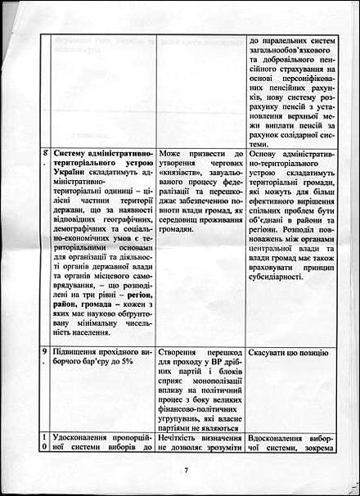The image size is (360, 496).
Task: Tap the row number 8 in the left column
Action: click(44, 153)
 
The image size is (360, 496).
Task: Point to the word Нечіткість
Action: click(185, 436)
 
